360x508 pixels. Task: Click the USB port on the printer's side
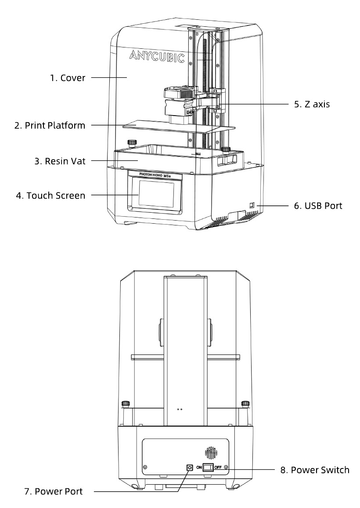click(x=252, y=205)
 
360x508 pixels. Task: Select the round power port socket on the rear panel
click(x=190, y=467)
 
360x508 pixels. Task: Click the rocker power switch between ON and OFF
click(x=208, y=467)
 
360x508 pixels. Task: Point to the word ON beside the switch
click(x=198, y=467)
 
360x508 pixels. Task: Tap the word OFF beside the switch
click(x=218, y=467)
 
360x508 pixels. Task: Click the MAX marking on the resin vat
click(x=198, y=154)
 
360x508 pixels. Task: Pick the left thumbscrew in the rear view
click(x=126, y=403)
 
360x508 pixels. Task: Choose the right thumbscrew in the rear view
click(x=245, y=403)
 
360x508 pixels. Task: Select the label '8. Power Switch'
click(x=315, y=470)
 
